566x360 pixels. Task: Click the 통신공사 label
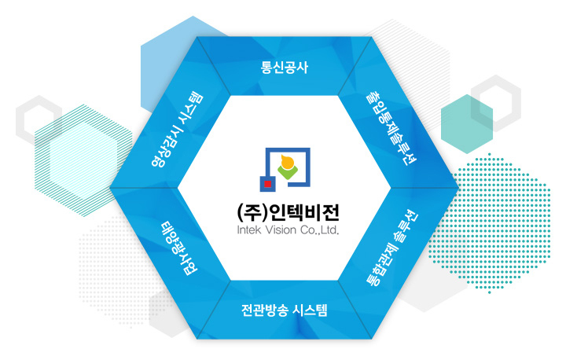285,68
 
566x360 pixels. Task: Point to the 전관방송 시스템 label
284,310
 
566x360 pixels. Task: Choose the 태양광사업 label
179,248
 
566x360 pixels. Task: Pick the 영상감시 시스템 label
177,130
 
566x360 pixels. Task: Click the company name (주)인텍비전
288,213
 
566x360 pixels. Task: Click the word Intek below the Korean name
248,230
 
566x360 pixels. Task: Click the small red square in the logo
268,184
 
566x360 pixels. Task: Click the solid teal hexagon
467,124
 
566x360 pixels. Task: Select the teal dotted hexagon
490,223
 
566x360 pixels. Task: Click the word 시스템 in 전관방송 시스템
310,310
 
